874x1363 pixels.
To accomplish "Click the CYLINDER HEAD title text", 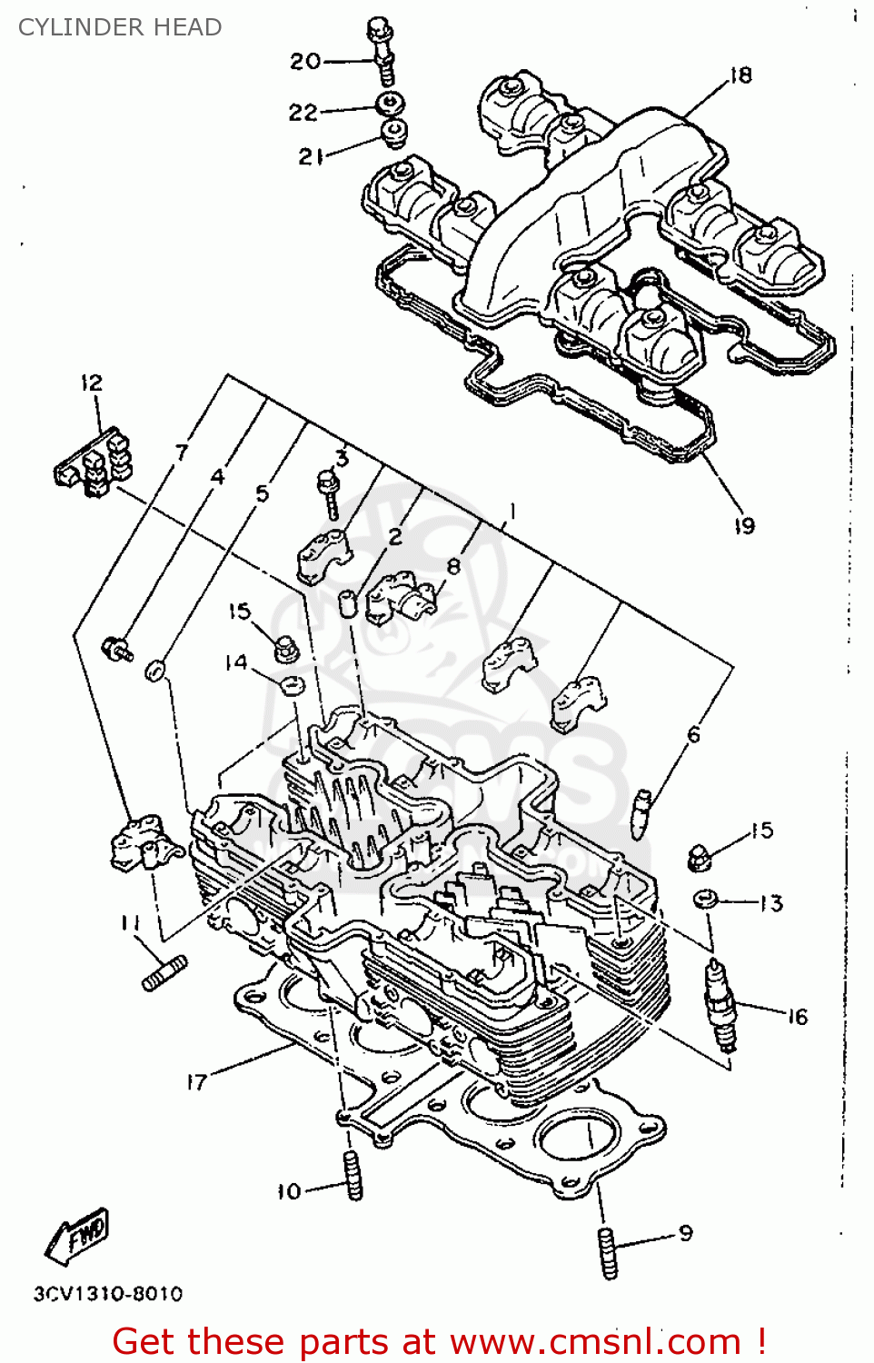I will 120,27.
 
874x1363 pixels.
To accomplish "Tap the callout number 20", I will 305,61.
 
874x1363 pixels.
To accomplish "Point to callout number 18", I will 740,75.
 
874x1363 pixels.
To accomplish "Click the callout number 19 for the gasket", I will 744,525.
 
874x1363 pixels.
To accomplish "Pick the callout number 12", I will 92,383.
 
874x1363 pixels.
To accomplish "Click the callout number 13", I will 771,903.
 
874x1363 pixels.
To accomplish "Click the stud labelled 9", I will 608,1252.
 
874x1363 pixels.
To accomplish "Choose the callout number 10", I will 289,1191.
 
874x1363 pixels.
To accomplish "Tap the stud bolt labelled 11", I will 164,973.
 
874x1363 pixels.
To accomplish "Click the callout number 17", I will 196,1081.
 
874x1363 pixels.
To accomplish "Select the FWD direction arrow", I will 77,1236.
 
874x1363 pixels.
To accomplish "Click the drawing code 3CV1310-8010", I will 108,1293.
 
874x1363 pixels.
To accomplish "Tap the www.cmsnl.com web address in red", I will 595,1341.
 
